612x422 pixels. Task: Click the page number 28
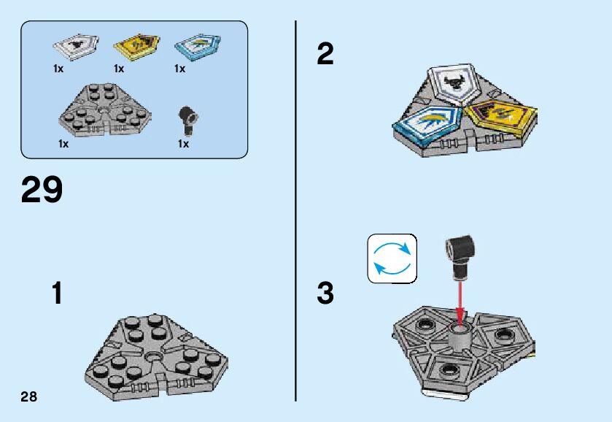(29, 397)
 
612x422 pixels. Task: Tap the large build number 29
(42, 190)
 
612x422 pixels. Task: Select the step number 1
(57, 294)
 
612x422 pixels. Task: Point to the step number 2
(325, 55)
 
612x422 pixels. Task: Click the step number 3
(325, 294)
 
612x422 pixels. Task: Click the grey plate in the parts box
(105, 110)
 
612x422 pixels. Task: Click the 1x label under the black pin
(183, 145)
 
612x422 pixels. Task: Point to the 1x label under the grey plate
(63, 145)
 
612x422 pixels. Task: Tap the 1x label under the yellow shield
(119, 69)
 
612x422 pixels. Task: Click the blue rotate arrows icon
(392, 258)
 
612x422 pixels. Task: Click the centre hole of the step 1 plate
(153, 357)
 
